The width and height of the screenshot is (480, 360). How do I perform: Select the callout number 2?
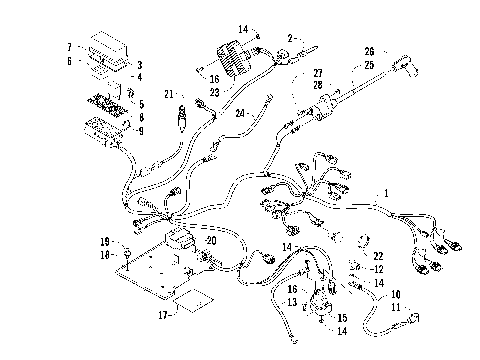click(x=289, y=39)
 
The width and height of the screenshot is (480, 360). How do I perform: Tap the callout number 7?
click(x=69, y=47)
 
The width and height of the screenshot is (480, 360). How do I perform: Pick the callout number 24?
click(x=240, y=113)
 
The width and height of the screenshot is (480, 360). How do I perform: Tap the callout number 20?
click(x=209, y=241)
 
